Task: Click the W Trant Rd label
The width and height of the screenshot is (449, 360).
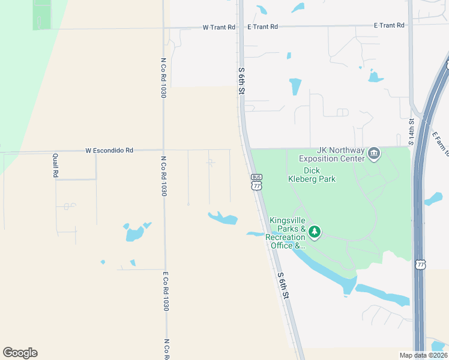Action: point(218,27)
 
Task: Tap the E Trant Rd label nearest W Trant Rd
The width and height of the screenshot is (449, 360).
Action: point(262,26)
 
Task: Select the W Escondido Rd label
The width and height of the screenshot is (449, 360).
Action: point(109,150)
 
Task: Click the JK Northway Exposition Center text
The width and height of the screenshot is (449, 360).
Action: point(331,154)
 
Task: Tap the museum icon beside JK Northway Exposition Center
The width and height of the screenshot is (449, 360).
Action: point(374,154)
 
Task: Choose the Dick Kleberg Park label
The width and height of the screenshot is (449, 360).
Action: point(311,175)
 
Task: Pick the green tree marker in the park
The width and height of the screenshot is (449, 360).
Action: point(315,231)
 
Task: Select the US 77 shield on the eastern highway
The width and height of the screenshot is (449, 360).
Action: point(420,264)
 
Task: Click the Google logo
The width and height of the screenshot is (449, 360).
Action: point(20,353)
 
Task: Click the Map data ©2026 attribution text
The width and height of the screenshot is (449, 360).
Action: point(423,355)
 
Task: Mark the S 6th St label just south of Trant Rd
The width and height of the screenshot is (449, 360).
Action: point(241,81)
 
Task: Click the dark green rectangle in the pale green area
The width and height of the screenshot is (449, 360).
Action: point(42,14)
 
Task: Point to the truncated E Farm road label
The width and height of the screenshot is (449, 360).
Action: point(440,144)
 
